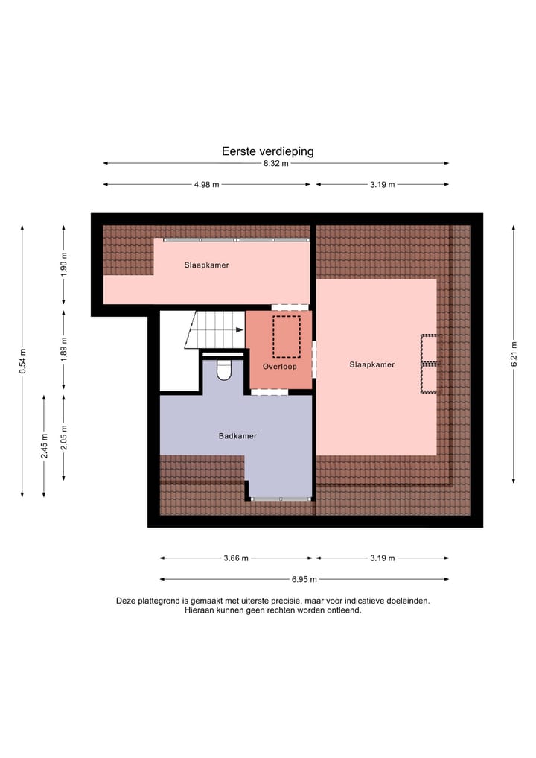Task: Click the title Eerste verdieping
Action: click(x=267, y=151)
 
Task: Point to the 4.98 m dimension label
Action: click(x=206, y=184)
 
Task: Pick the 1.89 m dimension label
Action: click(x=64, y=350)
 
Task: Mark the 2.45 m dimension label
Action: click(x=44, y=446)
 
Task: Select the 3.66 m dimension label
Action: click(x=236, y=558)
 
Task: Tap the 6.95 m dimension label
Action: click(x=304, y=579)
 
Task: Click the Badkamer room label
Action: click(x=237, y=436)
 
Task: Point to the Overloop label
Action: click(x=279, y=367)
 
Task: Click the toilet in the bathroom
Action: click(x=223, y=370)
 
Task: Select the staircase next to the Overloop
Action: click(x=214, y=330)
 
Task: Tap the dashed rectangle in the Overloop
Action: click(x=286, y=336)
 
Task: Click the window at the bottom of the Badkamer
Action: click(x=281, y=499)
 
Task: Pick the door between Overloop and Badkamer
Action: click(x=269, y=392)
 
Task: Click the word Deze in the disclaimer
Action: click(x=126, y=600)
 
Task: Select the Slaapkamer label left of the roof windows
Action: click(x=371, y=364)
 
